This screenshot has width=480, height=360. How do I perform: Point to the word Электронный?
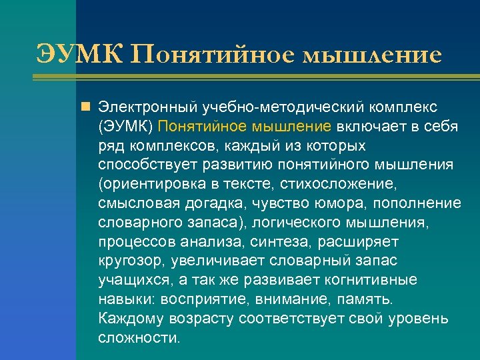tap(141, 107)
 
